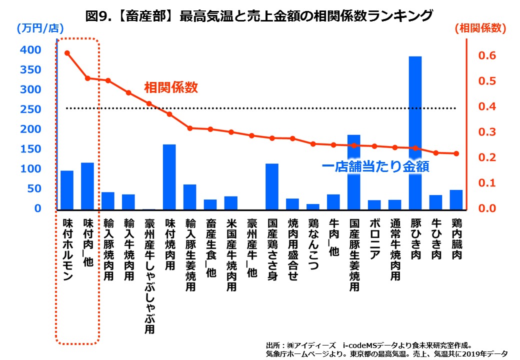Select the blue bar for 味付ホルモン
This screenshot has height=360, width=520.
[67, 189]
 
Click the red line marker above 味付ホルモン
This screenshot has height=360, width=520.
[67, 53]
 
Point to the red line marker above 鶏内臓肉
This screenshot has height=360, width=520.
[456, 153]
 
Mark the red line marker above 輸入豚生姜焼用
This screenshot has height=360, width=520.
[190, 128]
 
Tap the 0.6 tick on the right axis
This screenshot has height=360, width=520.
[486, 55]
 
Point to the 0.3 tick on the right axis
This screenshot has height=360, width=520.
[486, 132]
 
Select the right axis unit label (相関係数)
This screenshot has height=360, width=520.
[480, 28]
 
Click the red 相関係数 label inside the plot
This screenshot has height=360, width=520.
[171, 87]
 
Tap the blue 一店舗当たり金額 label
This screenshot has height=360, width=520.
[375, 166]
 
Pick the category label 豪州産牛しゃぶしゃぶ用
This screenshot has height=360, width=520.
[149, 275]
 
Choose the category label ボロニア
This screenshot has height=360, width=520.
[374, 239]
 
